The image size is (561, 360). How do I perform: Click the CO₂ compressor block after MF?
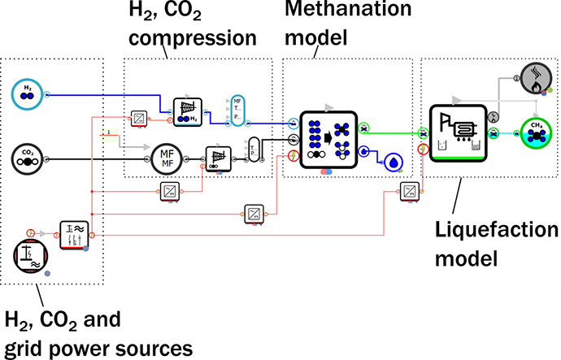tap(217, 155)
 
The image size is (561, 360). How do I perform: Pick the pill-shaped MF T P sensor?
tap(237, 109)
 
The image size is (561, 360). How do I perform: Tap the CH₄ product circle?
tap(535, 135)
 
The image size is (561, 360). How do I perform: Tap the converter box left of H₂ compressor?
tap(139, 119)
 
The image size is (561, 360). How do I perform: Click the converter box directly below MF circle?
tap(170, 192)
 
